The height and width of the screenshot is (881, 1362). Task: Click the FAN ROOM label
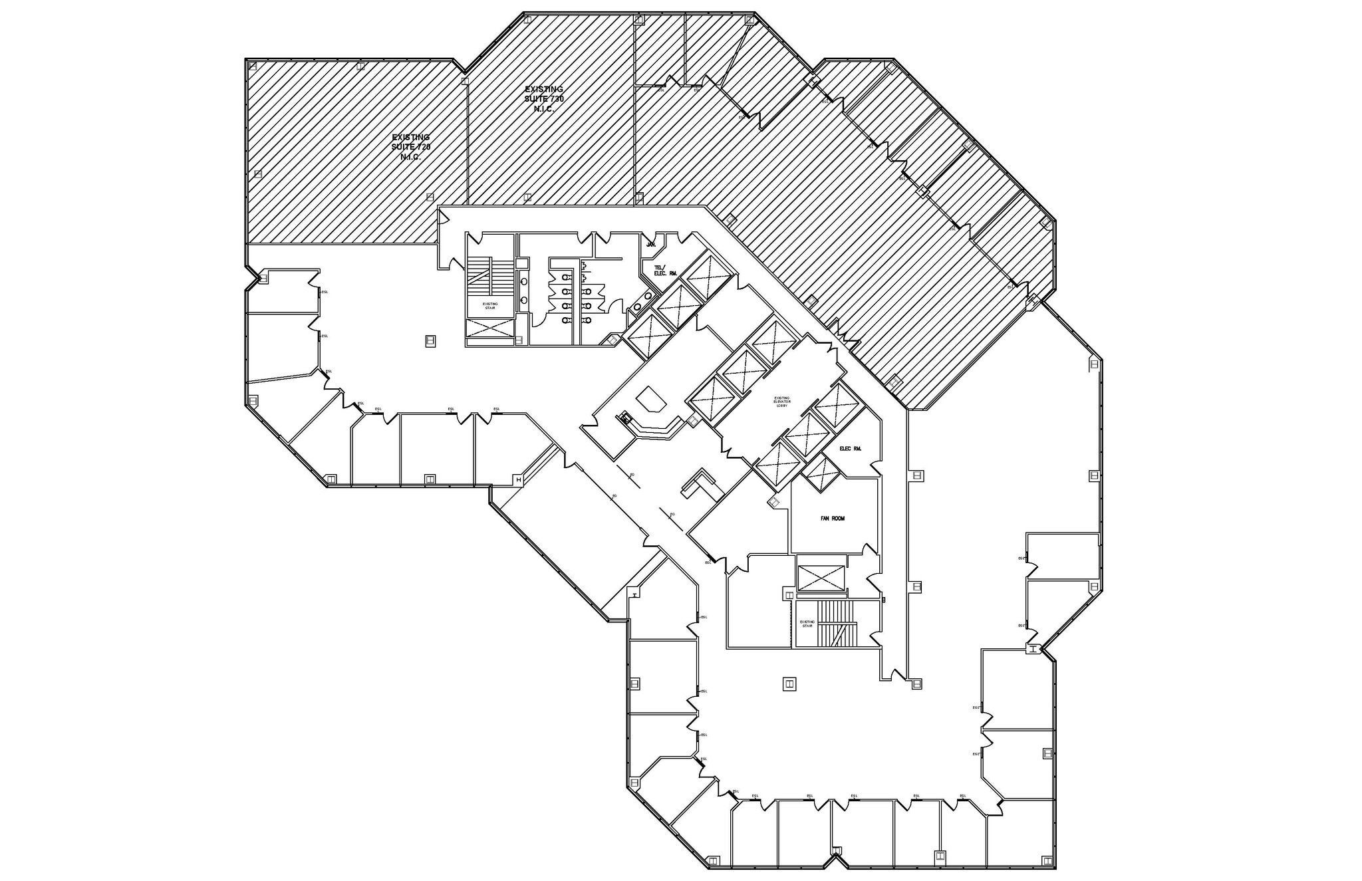832,519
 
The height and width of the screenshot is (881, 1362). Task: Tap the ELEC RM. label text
850,449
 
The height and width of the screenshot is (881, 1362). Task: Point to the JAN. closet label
651,245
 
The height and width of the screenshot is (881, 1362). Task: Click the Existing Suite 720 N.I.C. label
410,147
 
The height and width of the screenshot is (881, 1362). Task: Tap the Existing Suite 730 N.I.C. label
544,98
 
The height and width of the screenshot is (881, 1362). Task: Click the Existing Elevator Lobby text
781,402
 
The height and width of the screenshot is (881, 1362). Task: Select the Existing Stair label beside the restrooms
489,306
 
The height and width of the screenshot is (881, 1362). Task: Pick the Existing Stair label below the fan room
807,624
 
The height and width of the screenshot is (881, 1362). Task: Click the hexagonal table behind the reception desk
651,401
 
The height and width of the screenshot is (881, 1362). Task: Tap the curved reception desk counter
655,429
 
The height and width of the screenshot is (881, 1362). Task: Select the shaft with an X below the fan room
821,578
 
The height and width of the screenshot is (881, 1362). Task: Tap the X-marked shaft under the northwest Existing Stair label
489,328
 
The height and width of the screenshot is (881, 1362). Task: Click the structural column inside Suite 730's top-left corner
527,20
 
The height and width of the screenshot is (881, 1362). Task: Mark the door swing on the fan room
868,549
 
